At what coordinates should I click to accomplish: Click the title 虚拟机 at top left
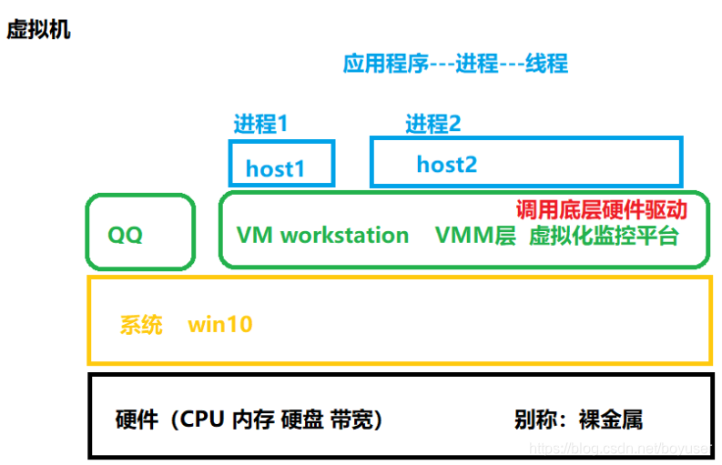click(38, 30)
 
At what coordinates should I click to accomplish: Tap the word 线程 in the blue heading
click(545, 64)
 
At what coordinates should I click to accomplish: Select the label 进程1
click(260, 124)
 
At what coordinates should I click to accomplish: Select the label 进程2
click(433, 124)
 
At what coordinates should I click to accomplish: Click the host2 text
click(446, 164)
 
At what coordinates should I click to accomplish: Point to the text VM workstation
click(322, 236)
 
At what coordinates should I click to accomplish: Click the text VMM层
click(475, 236)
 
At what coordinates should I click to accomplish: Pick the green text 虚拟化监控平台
click(604, 236)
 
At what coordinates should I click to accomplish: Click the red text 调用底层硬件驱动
click(601, 209)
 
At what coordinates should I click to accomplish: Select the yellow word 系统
click(141, 324)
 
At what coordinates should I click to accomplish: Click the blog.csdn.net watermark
click(619, 449)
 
